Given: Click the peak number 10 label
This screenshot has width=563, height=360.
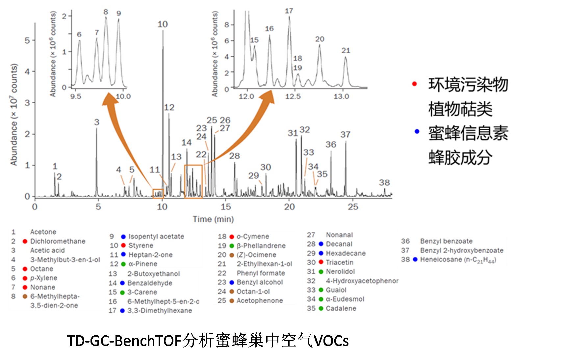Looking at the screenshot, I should (x=163, y=24).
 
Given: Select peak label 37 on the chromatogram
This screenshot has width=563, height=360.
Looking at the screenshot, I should (x=345, y=135).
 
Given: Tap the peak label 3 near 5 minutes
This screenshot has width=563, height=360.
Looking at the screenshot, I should (x=96, y=122).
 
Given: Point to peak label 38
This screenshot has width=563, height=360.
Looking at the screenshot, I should (x=384, y=183).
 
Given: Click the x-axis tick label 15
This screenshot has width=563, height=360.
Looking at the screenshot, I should (x=226, y=207).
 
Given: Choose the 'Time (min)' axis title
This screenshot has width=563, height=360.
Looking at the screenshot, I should (x=213, y=219).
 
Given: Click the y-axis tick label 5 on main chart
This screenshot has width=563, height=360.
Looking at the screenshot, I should (x=27, y=40).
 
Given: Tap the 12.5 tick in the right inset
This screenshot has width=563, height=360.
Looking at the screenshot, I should (x=293, y=96).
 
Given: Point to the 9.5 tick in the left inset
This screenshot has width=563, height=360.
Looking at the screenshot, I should (x=76, y=96).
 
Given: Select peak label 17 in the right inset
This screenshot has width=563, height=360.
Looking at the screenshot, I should (x=289, y=11).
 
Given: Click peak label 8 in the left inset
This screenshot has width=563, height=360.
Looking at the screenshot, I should (x=106, y=12).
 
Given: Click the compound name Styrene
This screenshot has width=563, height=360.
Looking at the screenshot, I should (x=141, y=245).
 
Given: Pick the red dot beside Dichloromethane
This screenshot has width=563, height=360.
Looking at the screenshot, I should (x=25, y=241).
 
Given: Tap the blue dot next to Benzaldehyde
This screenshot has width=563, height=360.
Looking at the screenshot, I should (x=122, y=283).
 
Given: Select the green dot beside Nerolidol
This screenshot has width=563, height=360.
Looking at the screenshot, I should (x=321, y=272).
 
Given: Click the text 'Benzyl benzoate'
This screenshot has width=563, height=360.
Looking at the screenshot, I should (x=446, y=241).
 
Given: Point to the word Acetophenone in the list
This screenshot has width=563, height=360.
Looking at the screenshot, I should (x=260, y=301).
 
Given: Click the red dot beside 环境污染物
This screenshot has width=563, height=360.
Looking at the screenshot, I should (x=414, y=84).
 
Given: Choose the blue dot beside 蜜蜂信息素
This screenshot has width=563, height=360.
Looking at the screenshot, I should (x=417, y=131).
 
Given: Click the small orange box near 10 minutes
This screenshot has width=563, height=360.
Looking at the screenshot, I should (x=158, y=193).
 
